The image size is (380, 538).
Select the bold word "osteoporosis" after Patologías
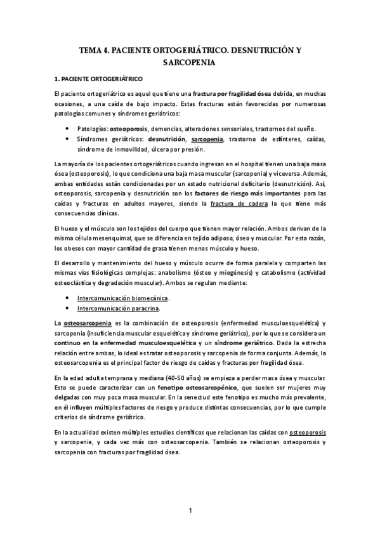129,128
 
